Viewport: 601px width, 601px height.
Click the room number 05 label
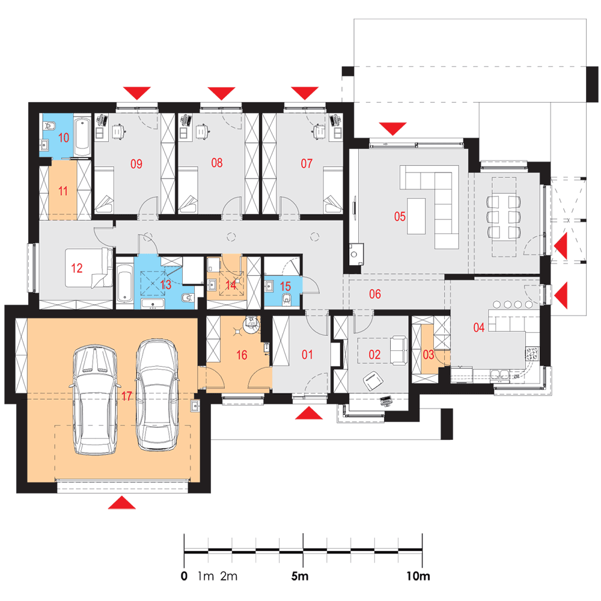[x=400, y=216]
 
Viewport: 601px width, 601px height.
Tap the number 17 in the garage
[x=127, y=396]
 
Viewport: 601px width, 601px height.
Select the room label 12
[x=77, y=268]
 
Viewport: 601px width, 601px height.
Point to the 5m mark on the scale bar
[x=300, y=576]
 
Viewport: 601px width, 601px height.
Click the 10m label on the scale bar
[x=418, y=576]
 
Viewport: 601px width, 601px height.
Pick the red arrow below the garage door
[x=122, y=502]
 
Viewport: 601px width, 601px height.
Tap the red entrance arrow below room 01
[x=309, y=413]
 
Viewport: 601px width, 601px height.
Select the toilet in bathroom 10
[x=49, y=126]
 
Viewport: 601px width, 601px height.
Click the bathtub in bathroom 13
[x=124, y=286]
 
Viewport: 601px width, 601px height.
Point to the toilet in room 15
[x=286, y=299]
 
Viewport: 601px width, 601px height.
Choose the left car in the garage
[x=95, y=400]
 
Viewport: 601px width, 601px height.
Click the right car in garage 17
[x=157, y=395]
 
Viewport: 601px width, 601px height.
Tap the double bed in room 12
[x=89, y=267]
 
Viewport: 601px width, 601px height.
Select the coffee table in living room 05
[x=416, y=216]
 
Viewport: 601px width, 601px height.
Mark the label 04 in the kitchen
[x=479, y=328]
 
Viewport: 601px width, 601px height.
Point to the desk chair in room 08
[x=201, y=131]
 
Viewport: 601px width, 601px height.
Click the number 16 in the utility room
[x=242, y=355]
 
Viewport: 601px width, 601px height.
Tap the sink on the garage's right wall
[x=195, y=406]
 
